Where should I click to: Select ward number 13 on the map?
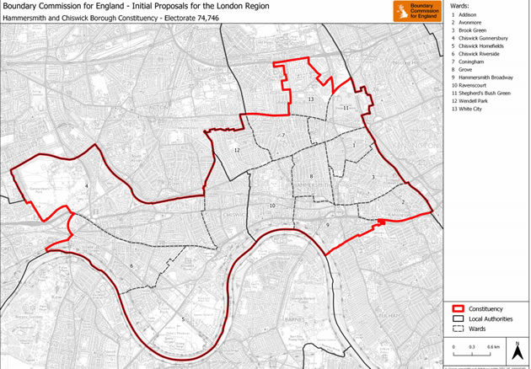(311, 99)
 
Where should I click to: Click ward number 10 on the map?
(271, 206)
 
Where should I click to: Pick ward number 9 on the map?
(327, 225)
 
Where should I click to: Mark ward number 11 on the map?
(346, 108)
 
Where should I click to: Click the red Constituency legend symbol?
(459, 309)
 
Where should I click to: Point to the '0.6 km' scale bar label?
(491, 347)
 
